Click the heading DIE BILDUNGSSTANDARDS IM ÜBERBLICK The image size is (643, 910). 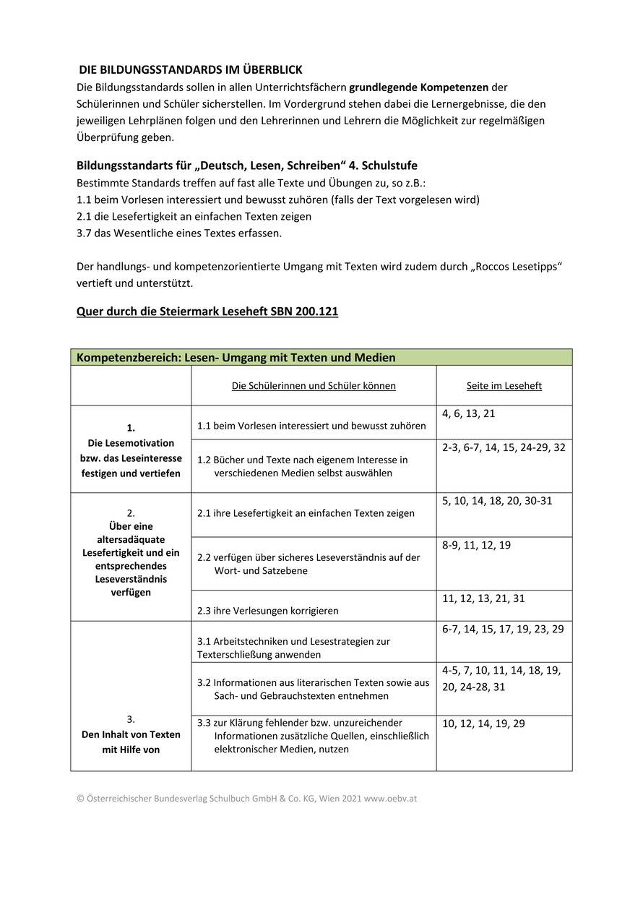[x=190, y=70]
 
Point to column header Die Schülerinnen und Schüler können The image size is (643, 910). [x=314, y=386]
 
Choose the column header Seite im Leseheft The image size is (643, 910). [x=504, y=386]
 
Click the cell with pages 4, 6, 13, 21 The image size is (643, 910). [x=469, y=414]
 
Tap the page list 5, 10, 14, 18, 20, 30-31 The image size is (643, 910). [x=497, y=501]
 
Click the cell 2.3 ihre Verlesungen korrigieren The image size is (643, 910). [x=268, y=611]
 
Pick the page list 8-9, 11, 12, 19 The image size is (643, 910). [x=476, y=546]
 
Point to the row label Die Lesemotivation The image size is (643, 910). [x=131, y=450]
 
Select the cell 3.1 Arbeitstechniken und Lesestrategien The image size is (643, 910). [x=293, y=648]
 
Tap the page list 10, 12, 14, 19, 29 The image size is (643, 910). [x=483, y=724]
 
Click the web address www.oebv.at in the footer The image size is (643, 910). [x=391, y=799]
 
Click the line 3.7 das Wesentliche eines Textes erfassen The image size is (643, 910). [x=179, y=233]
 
